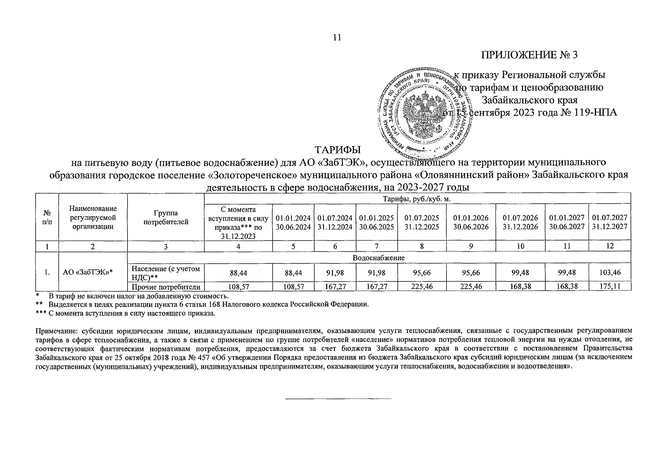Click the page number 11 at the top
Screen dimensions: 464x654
coord(337,38)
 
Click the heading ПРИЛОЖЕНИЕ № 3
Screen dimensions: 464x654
coord(529,55)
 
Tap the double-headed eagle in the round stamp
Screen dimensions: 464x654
coord(424,112)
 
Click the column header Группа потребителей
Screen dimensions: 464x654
coord(165,218)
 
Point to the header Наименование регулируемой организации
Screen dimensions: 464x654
coord(93,218)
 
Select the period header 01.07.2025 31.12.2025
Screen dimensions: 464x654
coord(422,222)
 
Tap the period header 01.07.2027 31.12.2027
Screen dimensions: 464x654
coord(610,222)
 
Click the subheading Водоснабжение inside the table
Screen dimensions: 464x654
coord(378,258)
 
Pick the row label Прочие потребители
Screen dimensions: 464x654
coord(166,287)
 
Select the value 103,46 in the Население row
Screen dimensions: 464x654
coord(610,273)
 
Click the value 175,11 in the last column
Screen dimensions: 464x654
coord(610,287)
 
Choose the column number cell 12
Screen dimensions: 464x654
coord(610,246)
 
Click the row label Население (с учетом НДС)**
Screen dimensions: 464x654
coord(166,273)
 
